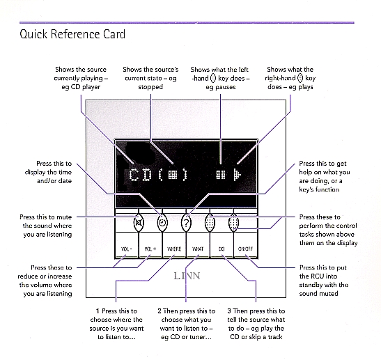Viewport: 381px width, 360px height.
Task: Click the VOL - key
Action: (127, 246)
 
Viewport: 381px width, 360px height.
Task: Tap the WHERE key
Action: (174, 246)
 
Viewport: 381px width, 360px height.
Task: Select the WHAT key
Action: (198, 246)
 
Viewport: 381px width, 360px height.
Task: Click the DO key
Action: (221, 246)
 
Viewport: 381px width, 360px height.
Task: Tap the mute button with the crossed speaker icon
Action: (139, 223)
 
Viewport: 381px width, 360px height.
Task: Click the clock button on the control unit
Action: (162, 223)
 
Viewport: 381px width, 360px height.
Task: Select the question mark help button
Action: (186, 223)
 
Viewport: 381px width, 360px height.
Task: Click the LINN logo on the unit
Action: (187, 276)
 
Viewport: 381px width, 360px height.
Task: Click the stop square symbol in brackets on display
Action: (173, 174)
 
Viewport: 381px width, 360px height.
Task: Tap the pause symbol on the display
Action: (221, 174)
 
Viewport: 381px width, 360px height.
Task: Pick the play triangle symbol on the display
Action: (238, 175)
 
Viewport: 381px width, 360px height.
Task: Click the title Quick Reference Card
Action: (72, 34)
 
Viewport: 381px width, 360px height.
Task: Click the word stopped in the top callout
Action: (150, 87)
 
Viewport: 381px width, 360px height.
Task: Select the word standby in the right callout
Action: (310, 285)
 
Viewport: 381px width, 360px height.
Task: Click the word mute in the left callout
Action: (65, 217)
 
